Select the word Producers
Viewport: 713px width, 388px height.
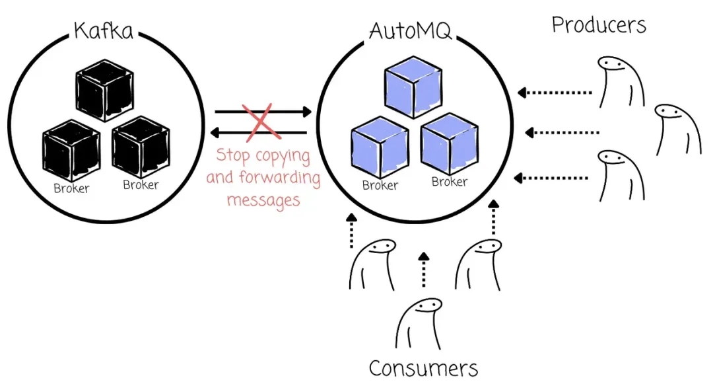599,25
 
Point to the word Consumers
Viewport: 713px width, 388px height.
423,368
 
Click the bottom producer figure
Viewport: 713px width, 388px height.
621,175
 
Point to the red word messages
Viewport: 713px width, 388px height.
263,198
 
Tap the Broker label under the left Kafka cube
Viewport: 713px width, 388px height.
71,188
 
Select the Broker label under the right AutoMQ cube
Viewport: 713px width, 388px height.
449,182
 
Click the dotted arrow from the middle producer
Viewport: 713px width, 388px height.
562,133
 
